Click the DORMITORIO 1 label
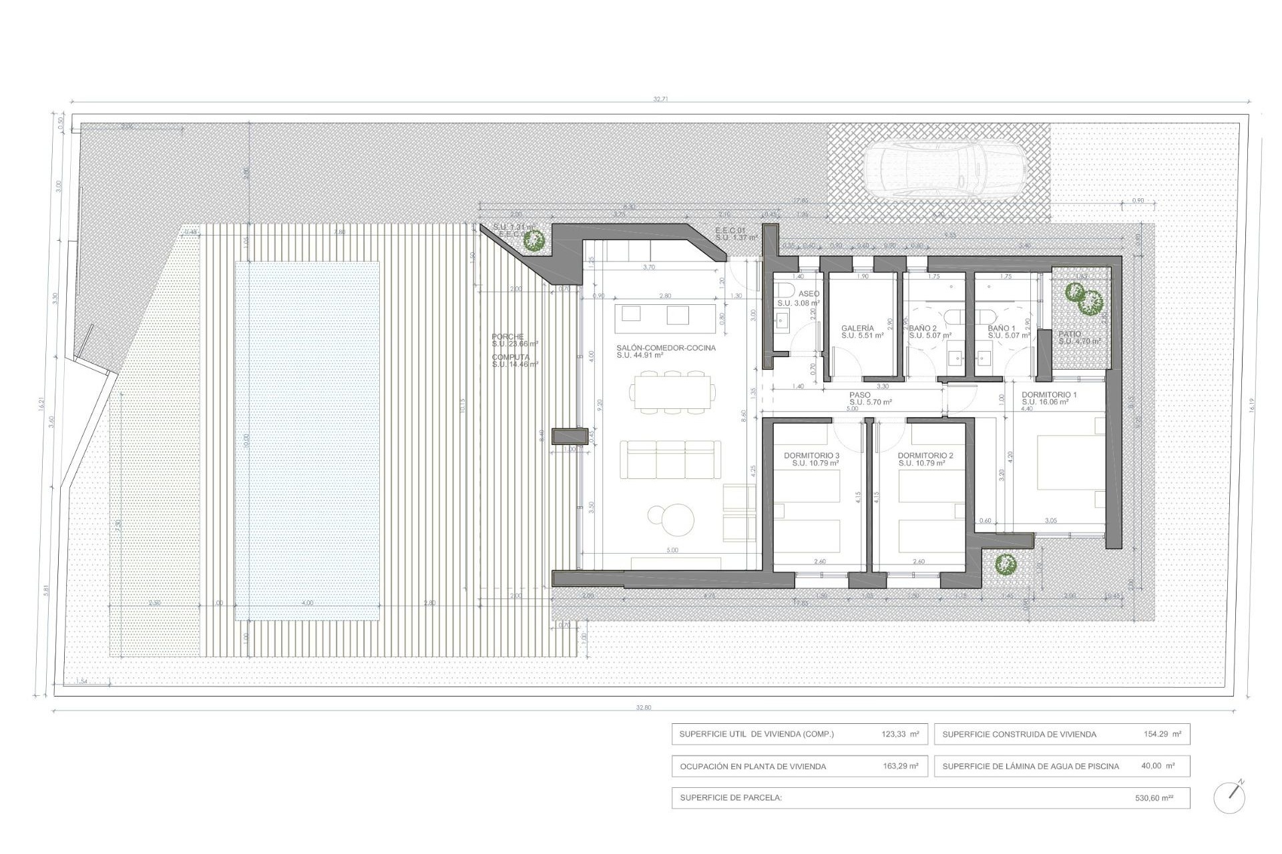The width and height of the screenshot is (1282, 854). tap(1049, 395)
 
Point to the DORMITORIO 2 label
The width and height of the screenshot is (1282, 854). tap(925, 456)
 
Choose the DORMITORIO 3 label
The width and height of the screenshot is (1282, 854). tap(811, 456)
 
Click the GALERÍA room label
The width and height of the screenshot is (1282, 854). tap(857, 328)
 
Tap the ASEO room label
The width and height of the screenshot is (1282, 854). tap(809, 294)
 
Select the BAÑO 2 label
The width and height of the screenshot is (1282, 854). tap(923, 328)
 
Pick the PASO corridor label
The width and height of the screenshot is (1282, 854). tap(860, 395)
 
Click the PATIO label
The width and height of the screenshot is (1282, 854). tap(1069, 334)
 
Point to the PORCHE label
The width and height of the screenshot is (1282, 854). tap(508, 337)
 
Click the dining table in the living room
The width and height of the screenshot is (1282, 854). tap(673, 394)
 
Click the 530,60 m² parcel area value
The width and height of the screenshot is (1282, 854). tap(1154, 797)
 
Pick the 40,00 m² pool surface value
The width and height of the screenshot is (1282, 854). tap(1158, 766)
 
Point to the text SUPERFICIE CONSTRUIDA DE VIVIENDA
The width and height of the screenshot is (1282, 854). tap(1019, 735)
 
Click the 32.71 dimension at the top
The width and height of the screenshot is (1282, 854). tap(660, 99)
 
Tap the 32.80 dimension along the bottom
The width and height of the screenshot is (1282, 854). tap(643, 707)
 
